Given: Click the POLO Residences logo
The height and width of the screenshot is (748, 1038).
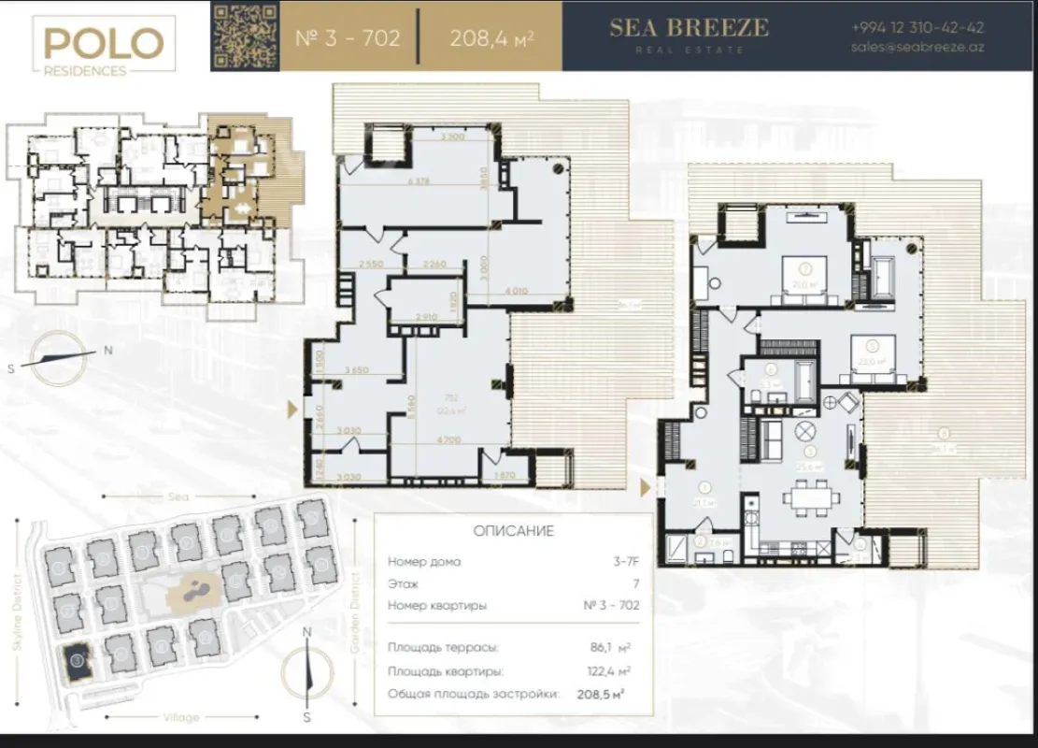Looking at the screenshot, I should click(x=103, y=46).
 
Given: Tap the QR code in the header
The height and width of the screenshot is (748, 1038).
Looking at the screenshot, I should click(x=245, y=36).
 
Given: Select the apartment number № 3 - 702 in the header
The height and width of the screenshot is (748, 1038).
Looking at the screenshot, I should click(x=348, y=38).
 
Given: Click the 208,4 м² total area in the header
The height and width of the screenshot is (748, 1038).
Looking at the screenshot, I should click(x=491, y=38).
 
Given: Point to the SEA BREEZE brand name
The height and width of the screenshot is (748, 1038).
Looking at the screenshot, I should click(x=689, y=28).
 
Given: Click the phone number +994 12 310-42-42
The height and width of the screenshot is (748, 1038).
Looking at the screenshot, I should click(x=917, y=28).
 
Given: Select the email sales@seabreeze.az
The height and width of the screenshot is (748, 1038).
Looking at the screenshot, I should click(x=917, y=48).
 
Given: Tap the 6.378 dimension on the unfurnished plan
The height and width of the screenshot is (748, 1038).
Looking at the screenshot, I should click(x=419, y=183).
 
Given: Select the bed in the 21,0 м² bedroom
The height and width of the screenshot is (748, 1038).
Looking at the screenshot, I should click(x=800, y=277).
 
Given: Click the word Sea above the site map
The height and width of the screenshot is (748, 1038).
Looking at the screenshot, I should click(x=178, y=496).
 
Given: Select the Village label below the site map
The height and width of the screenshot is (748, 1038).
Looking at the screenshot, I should click(x=180, y=717).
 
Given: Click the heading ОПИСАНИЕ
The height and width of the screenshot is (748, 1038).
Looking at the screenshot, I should click(x=513, y=531).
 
